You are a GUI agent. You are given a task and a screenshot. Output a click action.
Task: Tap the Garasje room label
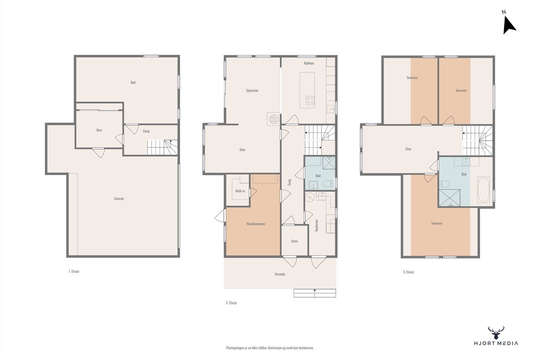coord(119,198)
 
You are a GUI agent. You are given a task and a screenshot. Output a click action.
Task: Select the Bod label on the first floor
coord(133,82)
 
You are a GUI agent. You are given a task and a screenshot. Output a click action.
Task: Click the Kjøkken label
coord(309,63)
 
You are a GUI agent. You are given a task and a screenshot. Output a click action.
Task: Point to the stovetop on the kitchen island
coord(310,100)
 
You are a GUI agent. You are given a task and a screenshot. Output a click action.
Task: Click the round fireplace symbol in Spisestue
coord(274,119)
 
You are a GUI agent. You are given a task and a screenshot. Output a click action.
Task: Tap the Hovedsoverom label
coord(255,224)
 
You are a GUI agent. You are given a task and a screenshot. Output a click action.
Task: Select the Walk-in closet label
coord(240,191)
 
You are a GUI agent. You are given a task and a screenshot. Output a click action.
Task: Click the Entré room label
coord(294,241)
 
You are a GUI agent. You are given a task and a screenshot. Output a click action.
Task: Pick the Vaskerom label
coord(317,225)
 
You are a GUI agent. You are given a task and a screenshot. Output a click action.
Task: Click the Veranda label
coord(280,274)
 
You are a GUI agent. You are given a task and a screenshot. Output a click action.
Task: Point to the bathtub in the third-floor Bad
coord(483,189)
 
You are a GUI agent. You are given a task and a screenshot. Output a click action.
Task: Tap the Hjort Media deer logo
coord(496,333)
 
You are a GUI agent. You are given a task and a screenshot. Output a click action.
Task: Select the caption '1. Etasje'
coord(74,271)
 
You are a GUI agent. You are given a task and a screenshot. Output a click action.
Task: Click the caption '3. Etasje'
coord(408,272)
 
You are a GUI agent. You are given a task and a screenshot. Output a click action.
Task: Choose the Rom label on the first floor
coord(99,130)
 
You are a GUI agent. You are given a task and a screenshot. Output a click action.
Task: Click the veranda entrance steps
coord(315,293)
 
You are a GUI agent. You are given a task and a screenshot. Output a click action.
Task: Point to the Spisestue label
coord(252,91)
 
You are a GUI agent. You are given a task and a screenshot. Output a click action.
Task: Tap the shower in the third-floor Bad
coord(449,198)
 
